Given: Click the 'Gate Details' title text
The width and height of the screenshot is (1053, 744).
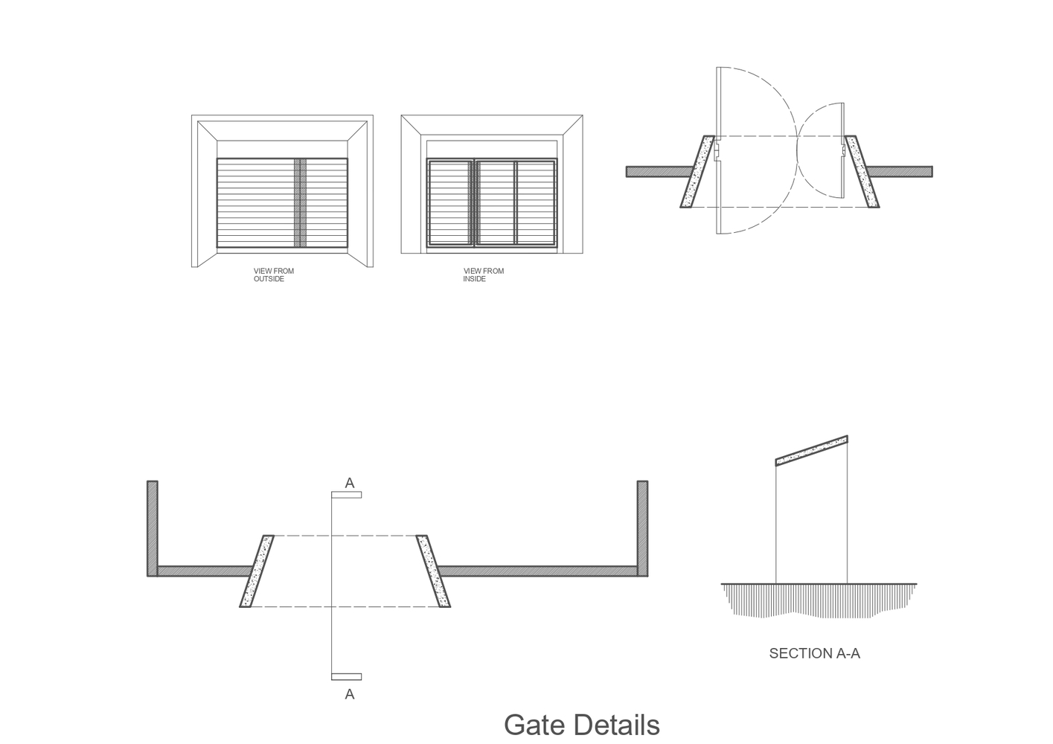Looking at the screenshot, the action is pos(581,725).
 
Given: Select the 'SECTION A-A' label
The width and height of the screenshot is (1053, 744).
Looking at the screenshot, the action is pos(814,653).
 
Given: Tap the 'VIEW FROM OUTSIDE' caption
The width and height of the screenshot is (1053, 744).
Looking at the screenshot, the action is pos(274,275).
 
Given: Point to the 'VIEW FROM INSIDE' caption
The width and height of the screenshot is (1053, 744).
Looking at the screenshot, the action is pos(483,275).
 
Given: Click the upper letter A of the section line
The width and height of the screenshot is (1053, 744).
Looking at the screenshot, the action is pos(349,483).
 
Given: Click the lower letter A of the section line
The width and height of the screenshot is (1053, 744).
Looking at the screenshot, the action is pos(349,694).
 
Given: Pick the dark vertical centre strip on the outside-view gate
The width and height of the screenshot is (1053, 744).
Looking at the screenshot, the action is pos(300,202).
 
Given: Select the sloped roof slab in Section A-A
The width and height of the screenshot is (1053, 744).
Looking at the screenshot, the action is pos(811,450).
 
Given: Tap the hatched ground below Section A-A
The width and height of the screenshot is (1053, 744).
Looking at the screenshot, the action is pos(819,600).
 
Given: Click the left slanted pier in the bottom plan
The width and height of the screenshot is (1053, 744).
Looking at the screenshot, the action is pos(257,571).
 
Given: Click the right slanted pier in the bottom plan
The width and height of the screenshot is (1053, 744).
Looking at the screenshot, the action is pos(433,571).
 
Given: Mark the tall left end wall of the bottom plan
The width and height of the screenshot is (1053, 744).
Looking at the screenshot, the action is pos(153,528).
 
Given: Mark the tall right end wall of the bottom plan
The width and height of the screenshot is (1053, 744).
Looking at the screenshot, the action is pos(642,528).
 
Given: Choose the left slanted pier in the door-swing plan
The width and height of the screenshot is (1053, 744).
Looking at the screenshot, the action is pos(697,172).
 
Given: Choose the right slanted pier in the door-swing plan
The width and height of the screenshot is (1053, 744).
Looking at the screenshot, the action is pos(862,172).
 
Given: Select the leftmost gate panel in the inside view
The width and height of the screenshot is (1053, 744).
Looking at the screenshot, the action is pos(450,202).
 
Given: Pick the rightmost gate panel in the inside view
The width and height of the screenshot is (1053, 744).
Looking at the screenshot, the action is pos(536,202).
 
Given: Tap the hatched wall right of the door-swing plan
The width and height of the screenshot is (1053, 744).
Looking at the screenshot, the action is pos(900,172).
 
